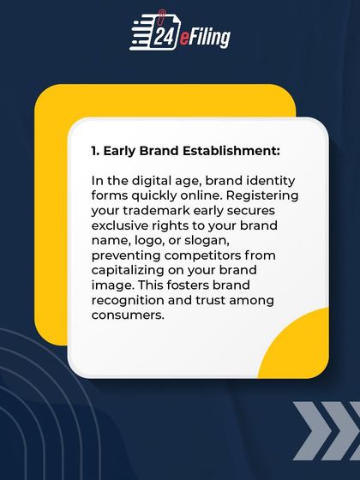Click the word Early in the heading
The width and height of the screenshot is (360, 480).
click(121, 151)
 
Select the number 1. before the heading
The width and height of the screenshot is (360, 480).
click(95, 151)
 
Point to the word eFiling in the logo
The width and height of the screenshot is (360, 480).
click(206, 37)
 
